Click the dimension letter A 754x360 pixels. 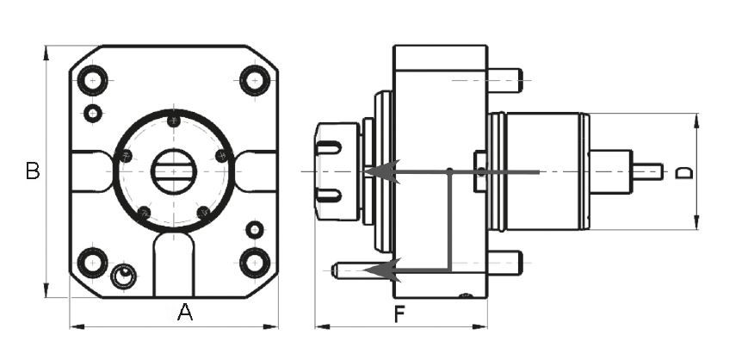pos(185,313)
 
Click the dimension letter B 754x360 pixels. pos(33,171)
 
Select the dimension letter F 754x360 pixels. pos(399,313)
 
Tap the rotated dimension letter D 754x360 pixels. pos(683,173)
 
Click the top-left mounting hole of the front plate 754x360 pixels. pos(92,80)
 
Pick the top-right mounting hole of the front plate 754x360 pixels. pos(255,80)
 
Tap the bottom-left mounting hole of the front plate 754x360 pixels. pos(92,263)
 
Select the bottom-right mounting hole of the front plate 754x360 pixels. pos(255,263)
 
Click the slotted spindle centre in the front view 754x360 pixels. pos(174,171)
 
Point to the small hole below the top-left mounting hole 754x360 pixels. pos(93,114)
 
